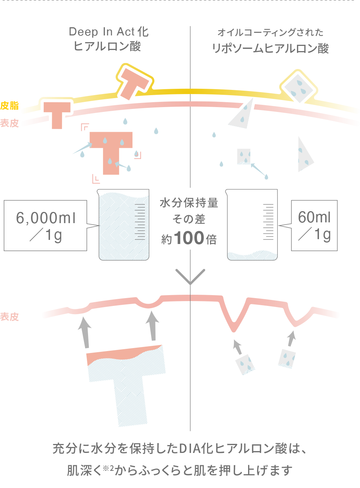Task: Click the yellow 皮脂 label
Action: [x=10, y=106]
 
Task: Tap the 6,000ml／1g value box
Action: [x=46, y=225]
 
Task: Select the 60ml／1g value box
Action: [x=314, y=225]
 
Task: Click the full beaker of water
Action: [x=124, y=225]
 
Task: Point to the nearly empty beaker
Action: [x=252, y=225]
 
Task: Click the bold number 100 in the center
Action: [x=189, y=238]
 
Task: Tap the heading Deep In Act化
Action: [x=109, y=32]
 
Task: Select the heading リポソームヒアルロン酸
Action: [x=270, y=49]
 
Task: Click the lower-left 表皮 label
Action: [x=10, y=317]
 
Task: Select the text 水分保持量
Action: [x=189, y=203]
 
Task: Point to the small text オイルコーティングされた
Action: [x=270, y=32]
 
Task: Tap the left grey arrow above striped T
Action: [x=85, y=331]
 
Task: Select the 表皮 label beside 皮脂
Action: [x=10, y=123]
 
